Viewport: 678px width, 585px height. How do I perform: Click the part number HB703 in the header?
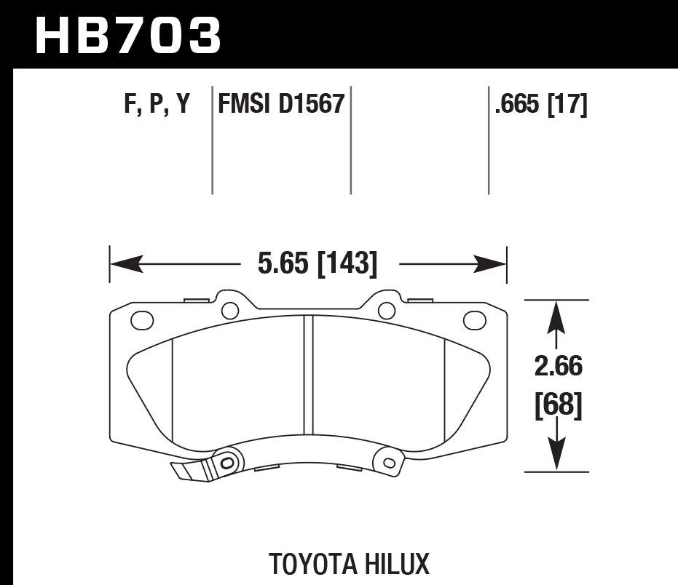tap(127, 35)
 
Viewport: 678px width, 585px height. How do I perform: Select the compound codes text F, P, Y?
tap(157, 105)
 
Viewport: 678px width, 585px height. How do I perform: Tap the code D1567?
tap(310, 105)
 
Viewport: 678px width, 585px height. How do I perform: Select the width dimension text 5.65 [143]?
tap(318, 263)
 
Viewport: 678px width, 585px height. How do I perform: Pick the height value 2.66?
tap(559, 366)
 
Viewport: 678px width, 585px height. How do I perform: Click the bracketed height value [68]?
tap(559, 405)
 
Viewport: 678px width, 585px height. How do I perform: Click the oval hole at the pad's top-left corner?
tap(141, 319)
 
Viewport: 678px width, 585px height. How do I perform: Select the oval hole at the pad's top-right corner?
tap(474, 319)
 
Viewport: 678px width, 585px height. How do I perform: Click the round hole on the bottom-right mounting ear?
tap(388, 461)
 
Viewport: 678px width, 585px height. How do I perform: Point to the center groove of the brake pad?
tap(307, 375)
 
